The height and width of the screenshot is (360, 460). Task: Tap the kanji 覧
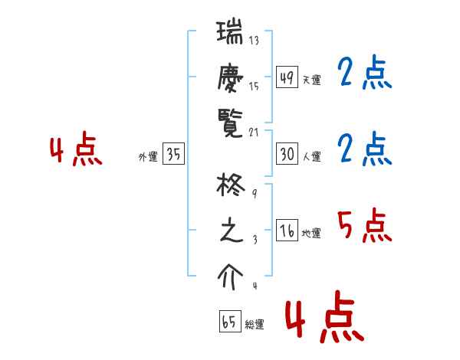[x=231, y=121]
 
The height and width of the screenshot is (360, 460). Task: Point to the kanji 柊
[x=231, y=187]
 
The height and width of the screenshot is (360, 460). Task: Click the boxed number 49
[x=286, y=78]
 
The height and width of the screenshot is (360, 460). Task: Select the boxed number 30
[x=286, y=154]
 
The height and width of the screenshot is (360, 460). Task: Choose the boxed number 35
[x=173, y=155]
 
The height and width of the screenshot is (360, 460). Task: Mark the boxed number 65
[x=229, y=322]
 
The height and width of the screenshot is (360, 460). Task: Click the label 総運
[x=255, y=325]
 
